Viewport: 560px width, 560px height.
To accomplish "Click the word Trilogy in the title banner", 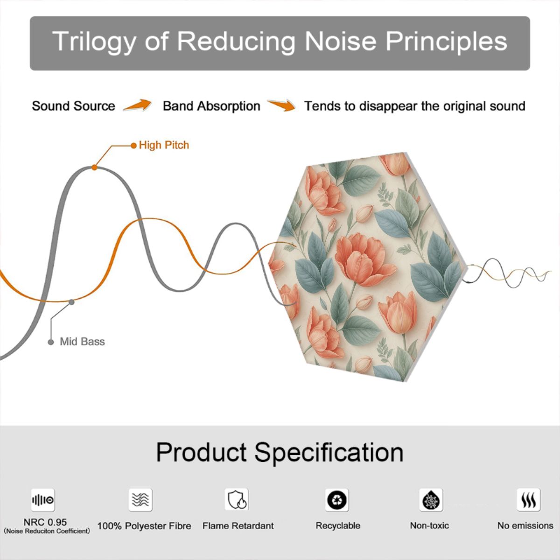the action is coord(94,42).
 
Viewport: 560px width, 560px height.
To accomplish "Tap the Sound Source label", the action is coord(74,106).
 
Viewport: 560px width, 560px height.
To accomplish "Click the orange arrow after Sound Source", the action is coord(137,105).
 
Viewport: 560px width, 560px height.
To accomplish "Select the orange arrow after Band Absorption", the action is coord(281,105).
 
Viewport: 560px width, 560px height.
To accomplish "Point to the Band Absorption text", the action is coord(211,106).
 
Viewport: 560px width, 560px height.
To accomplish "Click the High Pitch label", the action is coord(164,145).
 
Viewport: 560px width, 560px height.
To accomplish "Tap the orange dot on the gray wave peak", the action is coord(94,168).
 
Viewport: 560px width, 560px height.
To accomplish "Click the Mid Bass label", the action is coord(82,342).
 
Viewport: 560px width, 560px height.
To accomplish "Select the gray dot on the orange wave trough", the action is coord(71,302).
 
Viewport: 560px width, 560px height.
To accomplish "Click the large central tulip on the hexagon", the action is coord(365,260).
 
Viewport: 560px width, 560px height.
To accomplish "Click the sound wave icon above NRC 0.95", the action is coord(43,500).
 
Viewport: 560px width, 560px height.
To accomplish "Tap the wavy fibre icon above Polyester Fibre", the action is coord(140,499).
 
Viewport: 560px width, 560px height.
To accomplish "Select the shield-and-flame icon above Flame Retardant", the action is coord(237,499).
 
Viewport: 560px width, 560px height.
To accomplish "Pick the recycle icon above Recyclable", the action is coord(337,500).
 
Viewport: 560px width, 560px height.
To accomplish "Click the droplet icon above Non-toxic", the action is coord(431,500).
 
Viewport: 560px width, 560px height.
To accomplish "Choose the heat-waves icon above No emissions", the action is coord(529,500).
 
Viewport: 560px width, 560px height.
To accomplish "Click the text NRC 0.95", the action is coord(45,522).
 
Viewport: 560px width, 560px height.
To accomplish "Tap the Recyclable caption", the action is coord(338,526).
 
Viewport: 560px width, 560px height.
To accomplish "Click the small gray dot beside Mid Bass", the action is coord(51,342).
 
